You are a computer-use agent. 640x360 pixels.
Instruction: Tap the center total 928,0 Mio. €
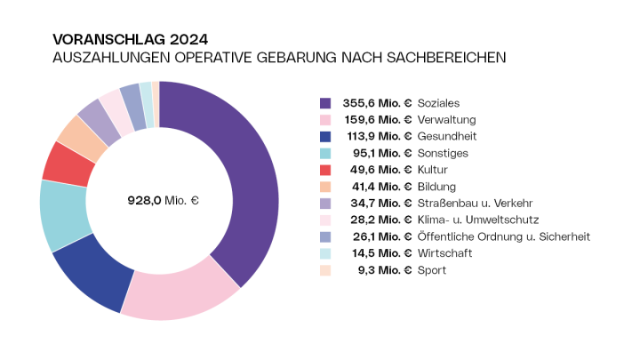(163, 201)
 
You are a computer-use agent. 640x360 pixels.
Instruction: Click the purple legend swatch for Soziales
(325, 103)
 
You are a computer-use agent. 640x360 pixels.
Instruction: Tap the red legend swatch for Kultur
(325, 170)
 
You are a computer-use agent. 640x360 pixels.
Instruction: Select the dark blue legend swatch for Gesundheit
(325, 136)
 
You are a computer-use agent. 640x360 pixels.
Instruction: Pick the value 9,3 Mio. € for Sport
(383, 270)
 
